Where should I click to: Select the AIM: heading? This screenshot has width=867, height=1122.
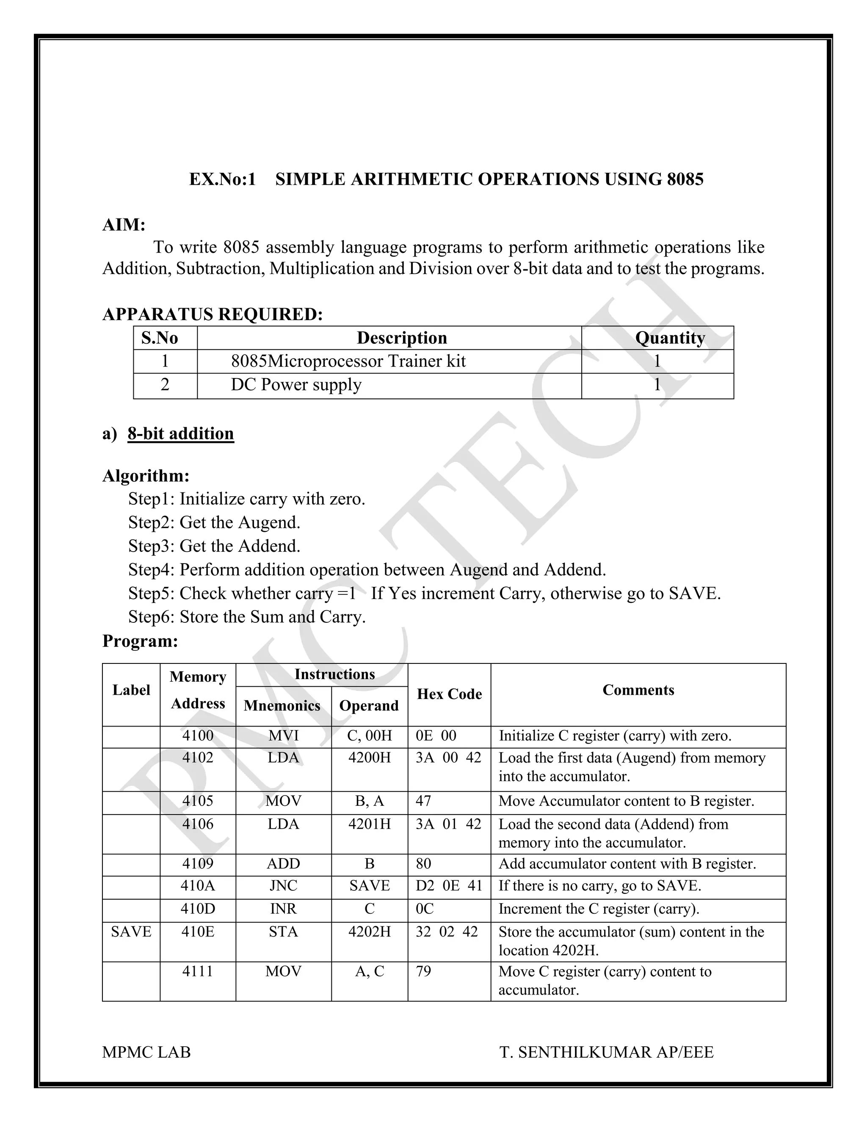[124, 225]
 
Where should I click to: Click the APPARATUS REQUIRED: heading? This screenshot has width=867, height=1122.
[213, 314]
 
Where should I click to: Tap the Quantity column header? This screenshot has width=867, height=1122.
[670, 338]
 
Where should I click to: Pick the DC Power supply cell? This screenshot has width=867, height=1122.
[296, 385]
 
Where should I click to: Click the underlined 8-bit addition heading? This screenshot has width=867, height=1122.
[181, 434]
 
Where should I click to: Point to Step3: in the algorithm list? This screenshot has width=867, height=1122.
[152, 546]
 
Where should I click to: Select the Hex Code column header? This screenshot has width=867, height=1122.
[450, 694]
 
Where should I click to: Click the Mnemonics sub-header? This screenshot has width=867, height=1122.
[282, 705]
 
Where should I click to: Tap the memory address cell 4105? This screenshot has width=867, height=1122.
[198, 801]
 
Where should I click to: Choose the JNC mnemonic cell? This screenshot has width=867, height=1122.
[284, 886]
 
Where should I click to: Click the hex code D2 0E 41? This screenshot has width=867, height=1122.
[449, 886]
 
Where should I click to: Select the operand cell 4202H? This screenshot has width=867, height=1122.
[369, 931]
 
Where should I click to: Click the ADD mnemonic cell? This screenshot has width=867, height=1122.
[284, 864]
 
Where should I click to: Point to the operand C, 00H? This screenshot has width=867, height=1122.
[369, 736]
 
